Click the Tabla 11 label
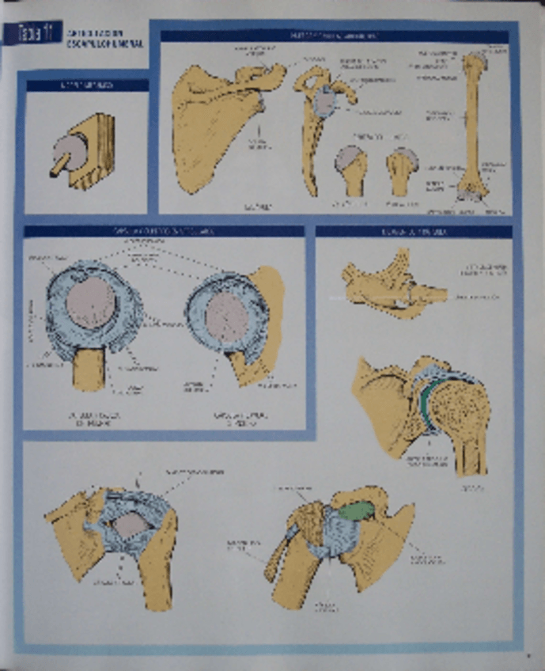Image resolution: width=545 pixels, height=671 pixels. coord(28,32)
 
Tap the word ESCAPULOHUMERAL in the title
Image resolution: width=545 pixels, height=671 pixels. coord(98,44)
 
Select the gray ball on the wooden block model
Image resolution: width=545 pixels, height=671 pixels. coord(70,150)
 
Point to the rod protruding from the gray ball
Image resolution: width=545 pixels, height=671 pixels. coord(57,169)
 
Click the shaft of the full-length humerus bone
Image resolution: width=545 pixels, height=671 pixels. coord(472,119)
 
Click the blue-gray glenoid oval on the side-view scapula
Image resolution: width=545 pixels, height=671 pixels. coord(326,102)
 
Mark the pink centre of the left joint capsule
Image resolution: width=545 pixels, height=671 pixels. coord(91,302)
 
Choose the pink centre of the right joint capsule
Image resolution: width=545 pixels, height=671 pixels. coord(226,317)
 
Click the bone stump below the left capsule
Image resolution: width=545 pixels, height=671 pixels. coord(89,368)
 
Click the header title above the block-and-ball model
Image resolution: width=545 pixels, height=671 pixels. coord(87,85)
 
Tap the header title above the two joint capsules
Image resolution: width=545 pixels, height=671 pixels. coord(164,231)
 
